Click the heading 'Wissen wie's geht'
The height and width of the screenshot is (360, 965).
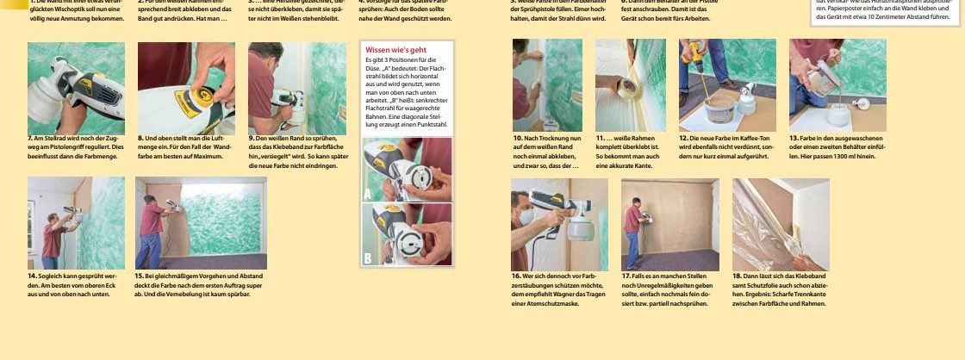point(395,50)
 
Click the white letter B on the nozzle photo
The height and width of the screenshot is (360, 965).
point(368,258)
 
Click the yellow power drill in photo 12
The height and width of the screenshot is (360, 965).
point(694,53)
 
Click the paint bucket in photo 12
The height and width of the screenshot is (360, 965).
point(717,107)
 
